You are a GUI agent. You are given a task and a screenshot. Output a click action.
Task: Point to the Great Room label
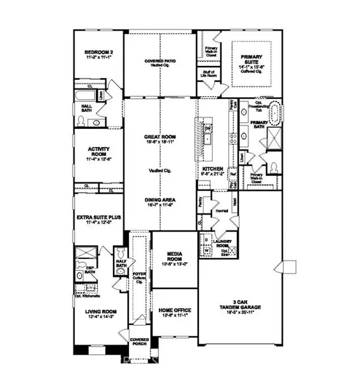(160, 136)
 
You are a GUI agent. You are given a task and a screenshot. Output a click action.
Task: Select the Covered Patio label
(159, 61)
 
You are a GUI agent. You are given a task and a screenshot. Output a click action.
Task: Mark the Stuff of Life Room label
(209, 74)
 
